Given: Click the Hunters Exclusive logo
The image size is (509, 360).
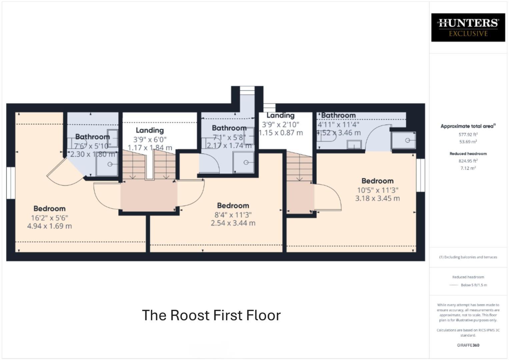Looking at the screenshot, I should pyautogui.click(x=468, y=27).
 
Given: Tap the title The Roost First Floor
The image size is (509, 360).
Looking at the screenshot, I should pyautogui.click(x=211, y=315).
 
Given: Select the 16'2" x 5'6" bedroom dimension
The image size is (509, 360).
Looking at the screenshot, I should pyautogui.click(x=49, y=218).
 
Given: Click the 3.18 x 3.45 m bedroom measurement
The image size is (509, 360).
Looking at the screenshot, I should pyautogui.click(x=377, y=198).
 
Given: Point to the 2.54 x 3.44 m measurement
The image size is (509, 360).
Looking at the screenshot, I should pyautogui.click(x=233, y=223).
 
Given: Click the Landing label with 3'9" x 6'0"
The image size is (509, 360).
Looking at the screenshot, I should pyautogui.click(x=150, y=130).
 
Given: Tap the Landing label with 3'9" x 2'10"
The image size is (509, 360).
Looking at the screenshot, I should pyautogui.click(x=280, y=115).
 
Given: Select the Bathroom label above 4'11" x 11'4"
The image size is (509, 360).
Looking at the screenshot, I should pyautogui.click(x=338, y=115).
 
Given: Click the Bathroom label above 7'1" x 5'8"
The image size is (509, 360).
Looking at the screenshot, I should pyautogui.click(x=229, y=128).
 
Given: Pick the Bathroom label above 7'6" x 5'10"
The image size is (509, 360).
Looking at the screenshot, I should pyautogui.click(x=92, y=137).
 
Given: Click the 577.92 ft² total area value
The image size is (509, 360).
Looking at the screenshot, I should pyautogui.click(x=468, y=135).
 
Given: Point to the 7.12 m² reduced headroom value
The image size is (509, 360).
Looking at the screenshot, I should pyautogui.click(x=468, y=168).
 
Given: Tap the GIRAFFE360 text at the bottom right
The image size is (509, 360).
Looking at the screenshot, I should pyautogui.click(x=468, y=345).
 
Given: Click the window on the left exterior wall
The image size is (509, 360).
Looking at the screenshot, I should pyautogui.click(x=11, y=183).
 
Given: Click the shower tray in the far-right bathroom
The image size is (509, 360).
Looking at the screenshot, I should pyautogui.click(x=404, y=140).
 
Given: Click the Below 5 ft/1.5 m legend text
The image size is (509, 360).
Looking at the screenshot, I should pyautogui.click(x=474, y=285).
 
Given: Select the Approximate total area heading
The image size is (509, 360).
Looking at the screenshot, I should pyautogui.click(x=468, y=126).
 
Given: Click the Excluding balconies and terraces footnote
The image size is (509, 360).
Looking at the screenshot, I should pyautogui.click(x=468, y=257).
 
